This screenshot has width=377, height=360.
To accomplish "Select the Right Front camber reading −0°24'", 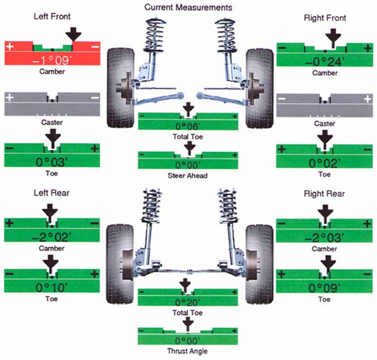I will point(325,60).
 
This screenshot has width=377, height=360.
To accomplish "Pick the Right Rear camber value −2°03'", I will point(324,236).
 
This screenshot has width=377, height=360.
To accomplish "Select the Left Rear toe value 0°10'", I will point(52,287).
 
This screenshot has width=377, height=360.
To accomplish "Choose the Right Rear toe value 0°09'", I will point(324,287).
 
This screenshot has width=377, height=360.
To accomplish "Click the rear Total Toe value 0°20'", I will point(187,303).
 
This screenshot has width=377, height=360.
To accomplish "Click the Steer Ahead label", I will point(188,175).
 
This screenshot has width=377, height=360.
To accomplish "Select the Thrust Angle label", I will point(188,351).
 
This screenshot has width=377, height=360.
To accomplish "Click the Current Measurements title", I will point(188,7).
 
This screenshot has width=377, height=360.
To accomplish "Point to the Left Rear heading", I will point(52,194).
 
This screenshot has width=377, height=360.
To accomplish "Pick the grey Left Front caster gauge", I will point(52,105).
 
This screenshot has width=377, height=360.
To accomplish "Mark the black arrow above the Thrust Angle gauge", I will point(188,322).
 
